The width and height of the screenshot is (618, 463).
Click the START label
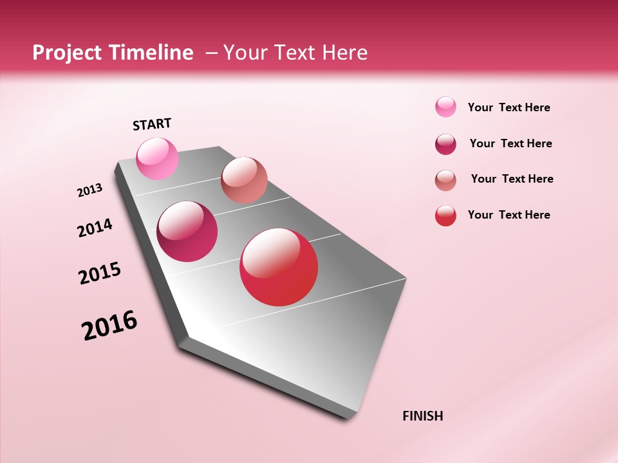[x=152, y=124]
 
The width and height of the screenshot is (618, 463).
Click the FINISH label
[x=422, y=416]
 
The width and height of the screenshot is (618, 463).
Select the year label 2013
[x=89, y=190]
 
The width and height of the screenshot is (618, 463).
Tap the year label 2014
[x=95, y=228]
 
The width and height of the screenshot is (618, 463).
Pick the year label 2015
[x=100, y=273]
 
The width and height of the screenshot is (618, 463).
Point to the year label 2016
[x=109, y=325]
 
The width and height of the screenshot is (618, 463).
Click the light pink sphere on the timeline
[x=157, y=158]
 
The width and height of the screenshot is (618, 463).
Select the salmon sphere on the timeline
[x=244, y=180]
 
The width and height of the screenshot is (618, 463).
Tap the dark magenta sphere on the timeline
[x=187, y=232]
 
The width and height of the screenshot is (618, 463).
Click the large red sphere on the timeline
[x=279, y=267]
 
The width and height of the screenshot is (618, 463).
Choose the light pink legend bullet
[x=445, y=107]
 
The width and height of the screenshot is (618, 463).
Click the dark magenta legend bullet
[x=445, y=144]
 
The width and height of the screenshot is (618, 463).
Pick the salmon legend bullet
[x=445, y=180]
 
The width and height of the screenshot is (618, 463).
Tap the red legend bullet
[x=445, y=215]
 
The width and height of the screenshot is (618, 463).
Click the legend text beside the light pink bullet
[x=509, y=107]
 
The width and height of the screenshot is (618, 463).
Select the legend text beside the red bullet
[x=509, y=215]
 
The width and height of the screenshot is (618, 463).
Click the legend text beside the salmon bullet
[x=512, y=179]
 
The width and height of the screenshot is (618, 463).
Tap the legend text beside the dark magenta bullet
[x=510, y=143]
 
